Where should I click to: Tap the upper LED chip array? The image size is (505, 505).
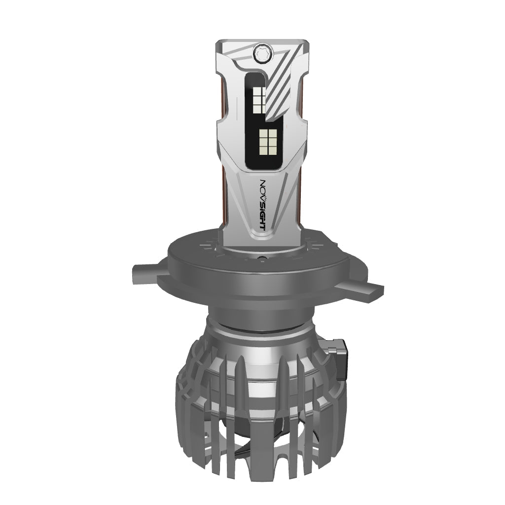tap(258, 100)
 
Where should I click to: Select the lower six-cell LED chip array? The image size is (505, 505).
tap(269, 142)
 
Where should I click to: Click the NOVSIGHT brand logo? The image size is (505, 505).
tap(263, 205)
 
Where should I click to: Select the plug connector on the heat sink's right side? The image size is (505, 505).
tap(339, 358)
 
